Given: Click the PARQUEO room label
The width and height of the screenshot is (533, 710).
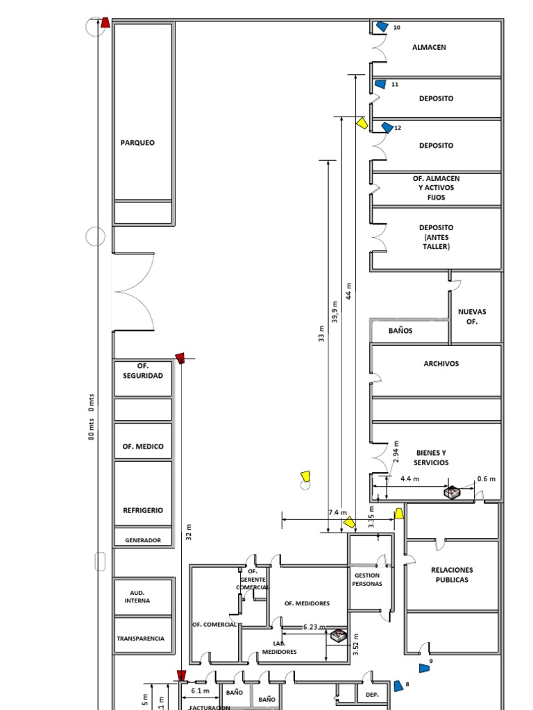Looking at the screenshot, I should pyautogui.click(x=137, y=143).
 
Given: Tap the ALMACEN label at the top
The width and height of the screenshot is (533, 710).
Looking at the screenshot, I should pyautogui.click(x=429, y=47).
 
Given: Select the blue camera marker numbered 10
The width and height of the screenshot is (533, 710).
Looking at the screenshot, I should pyautogui.click(x=382, y=26).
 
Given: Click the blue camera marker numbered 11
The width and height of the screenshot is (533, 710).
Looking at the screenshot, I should pyautogui.click(x=380, y=84).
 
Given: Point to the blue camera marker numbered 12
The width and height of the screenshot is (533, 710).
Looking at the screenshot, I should pyautogui.click(x=387, y=127).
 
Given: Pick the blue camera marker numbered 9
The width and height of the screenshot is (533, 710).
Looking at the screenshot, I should pyautogui.click(x=425, y=668).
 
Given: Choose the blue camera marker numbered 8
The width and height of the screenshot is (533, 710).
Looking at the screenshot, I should pyautogui.click(x=398, y=686).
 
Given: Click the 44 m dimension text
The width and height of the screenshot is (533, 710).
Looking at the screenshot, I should pyautogui.click(x=350, y=291).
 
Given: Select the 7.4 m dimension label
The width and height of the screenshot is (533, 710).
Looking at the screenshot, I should pyautogui.click(x=337, y=512).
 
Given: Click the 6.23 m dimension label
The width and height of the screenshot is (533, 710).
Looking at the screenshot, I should pyautogui.click(x=314, y=627).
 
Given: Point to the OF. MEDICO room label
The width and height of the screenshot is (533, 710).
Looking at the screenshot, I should pyautogui.click(x=143, y=447).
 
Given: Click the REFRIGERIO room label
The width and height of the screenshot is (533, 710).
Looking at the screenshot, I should pyautogui.click(x=143, y=510).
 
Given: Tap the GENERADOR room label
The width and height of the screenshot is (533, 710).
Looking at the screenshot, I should pyautogui.click(x=143, y=540).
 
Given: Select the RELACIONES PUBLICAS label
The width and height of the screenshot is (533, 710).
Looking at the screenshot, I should pyautogui.click(x=452, y=575).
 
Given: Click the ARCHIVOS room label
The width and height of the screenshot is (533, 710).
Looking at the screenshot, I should pyautogui.click(x=441, y=363).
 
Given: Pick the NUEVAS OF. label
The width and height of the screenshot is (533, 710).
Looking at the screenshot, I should pyautogui.click(x=472, y=317).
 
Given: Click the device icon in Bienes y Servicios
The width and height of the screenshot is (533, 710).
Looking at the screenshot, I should pyautogui.click(x=452, y=492).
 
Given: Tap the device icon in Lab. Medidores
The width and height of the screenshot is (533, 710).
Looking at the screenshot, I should pyautogui.click(x=338, y=635).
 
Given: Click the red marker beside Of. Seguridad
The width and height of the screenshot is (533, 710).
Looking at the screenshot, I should pyautogui.click(x=180, y=358).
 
